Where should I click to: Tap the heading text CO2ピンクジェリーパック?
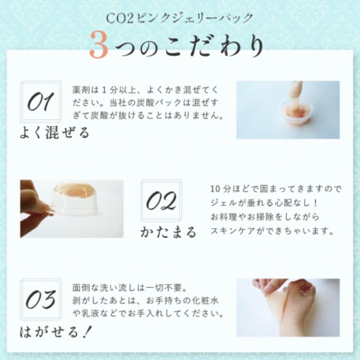[x=180, y=18]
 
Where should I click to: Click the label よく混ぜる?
[x=54, y=133]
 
